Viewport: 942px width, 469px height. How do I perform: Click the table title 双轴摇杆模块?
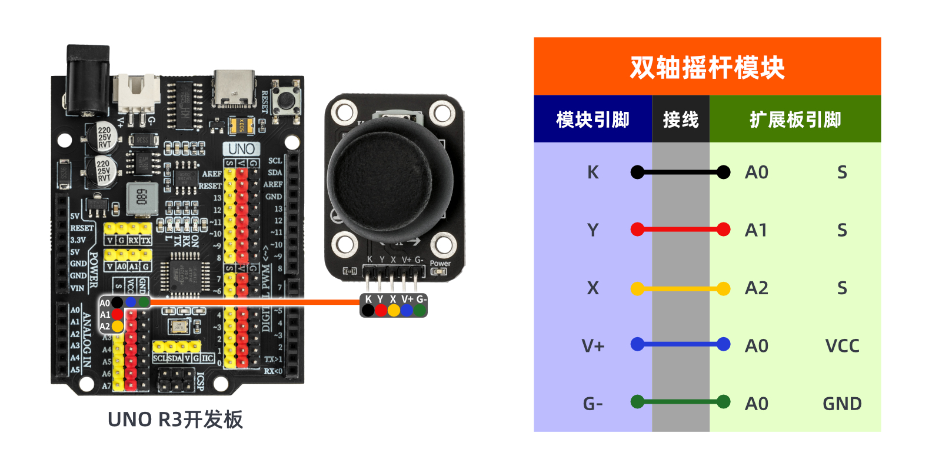[707, 67]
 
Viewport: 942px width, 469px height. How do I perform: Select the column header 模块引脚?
[593, 119]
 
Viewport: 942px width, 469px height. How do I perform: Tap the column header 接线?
[680, 119]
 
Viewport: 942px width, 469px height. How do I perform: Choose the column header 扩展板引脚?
[795, 119]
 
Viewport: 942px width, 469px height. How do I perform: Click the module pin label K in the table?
[593, 172]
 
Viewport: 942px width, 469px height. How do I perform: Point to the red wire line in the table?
[680, 229]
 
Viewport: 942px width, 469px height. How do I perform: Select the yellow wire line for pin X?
[680, 288]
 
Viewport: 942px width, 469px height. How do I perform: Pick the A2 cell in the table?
[756, 288]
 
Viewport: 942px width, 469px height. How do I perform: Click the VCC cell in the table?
[842, 346]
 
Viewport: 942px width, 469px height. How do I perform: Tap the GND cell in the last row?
[842, 404]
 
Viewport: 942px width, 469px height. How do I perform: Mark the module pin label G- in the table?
[593, 404]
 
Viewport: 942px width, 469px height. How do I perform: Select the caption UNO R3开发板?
[175, 420]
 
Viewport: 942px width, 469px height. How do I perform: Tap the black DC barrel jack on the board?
[88, 79]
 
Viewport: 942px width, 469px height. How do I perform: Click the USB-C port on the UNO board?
[234, 88]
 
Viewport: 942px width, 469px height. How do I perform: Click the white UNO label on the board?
[241, 149]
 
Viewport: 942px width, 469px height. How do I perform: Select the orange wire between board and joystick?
[253, 302]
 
